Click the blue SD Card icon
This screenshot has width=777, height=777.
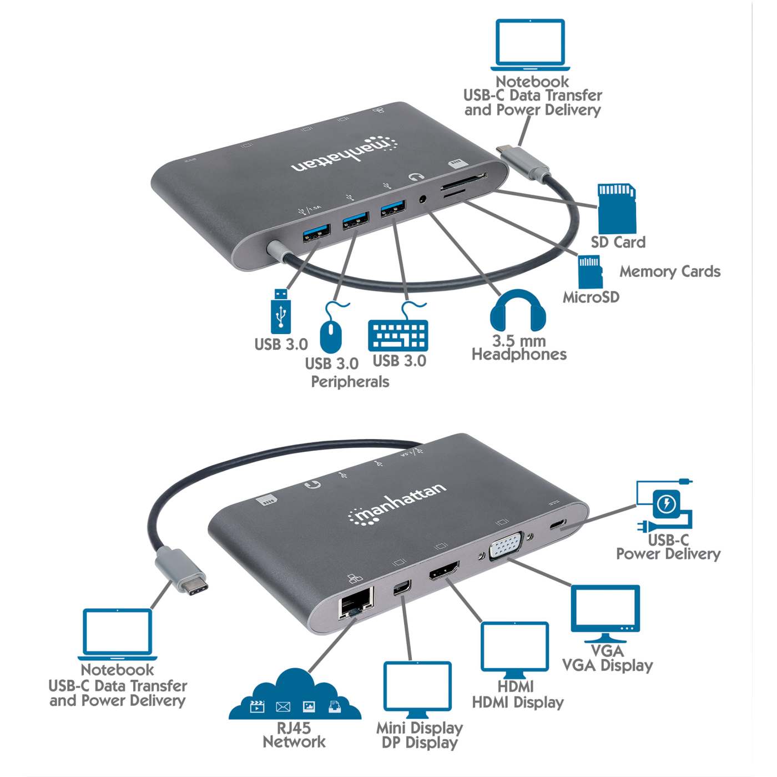click(x=616, y=209)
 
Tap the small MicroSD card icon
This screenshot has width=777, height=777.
click(x=590, y=272)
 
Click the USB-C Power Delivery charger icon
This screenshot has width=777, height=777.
click(x=665, y=506)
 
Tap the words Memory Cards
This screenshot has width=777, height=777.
click(x=670, y=271)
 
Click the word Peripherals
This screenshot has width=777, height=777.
click(x=350, y=382)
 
